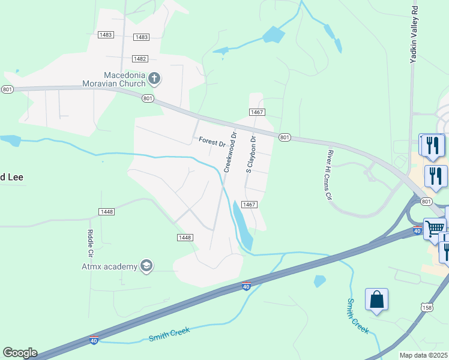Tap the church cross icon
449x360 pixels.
point(154,78)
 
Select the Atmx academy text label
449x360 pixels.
point(109,266)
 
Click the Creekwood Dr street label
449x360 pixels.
point(231,152)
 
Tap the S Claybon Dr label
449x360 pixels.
point(252,154)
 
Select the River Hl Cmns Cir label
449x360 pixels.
point(329,175)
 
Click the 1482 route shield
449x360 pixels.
point(140,59)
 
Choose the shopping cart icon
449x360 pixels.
point(435,228)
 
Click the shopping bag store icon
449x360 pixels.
point(376,299)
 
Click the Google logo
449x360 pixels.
point(20,353)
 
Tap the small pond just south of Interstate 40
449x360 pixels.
point(319,280)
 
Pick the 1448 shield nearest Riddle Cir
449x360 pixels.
point(106,212)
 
